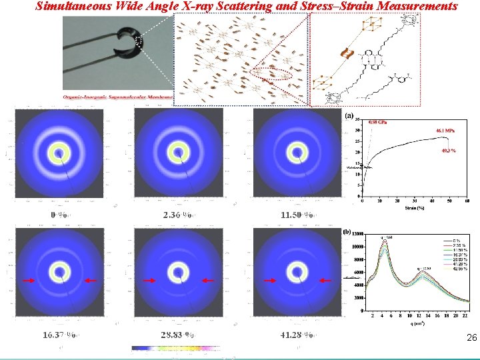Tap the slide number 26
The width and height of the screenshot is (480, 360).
click(x=472, y=339)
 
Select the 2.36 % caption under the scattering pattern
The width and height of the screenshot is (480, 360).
click(x=177, y=215)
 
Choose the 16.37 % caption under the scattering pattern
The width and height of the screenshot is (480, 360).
click(x=59, y=335)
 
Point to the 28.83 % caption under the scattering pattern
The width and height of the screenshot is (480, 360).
click(x=177, y=335)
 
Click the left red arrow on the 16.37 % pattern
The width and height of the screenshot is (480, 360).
click(x=29, y=281)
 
